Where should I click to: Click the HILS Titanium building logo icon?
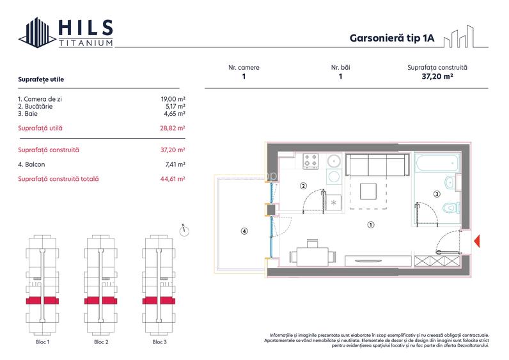pyautogui.click(x=37, y=33)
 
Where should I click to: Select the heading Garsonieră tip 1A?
pyautogui.click(x=392, y=38)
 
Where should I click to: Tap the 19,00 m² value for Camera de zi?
pyautogui.click(x=173, y=99)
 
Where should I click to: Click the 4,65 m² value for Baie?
pyautogui.click(x=175, y=114)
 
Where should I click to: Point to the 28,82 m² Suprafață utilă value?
pyautogui.click(x=173, y=128)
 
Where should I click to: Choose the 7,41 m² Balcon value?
pyautogui.click(x=175, y=164)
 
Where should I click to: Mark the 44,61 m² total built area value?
pyautogui.click(x=173, y=178)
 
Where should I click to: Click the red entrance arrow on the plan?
pyautogui.click(x=477, y=241)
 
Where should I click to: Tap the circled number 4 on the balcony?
pyautogui.click(x=244, y=231)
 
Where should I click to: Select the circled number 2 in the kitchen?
pyautogui.click(x=303, y=186)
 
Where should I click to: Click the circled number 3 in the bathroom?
pyautogui.click(x=437, y=194)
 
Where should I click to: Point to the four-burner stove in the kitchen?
pyautogui.click(x=310, y=161)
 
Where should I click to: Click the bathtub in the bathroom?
pyautogui.click(x=437, y=162)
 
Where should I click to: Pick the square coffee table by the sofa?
pyautogui.click(x=368, y=192)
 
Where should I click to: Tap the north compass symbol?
pyautogui.click(x=184, y=230)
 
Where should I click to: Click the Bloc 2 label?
pyautogui.click(x=101, y=342)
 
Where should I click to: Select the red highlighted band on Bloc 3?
pyautogui.click(x=159, y=301)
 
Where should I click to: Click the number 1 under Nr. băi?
pyautogui.click(x=340, y=76)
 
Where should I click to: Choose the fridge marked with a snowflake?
pyautogui.click(x=333, y=203)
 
